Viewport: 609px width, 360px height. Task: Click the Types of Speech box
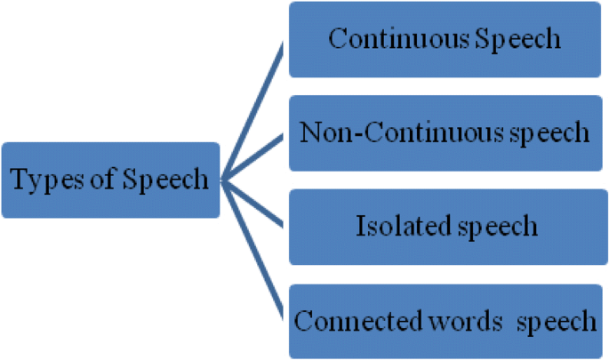(110, 180)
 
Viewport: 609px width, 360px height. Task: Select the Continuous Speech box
(444, 39)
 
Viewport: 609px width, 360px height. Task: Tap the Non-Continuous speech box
(444, 132)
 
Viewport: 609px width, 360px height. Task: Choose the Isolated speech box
(444, 226)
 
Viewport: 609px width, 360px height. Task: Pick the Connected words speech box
(444, 320)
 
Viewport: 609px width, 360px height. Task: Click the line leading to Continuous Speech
(252, 111)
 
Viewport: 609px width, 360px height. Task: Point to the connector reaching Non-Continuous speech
(254, 157)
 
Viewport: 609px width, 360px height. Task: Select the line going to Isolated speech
(254, 205)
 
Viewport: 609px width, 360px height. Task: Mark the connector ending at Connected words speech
(252, 249)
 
